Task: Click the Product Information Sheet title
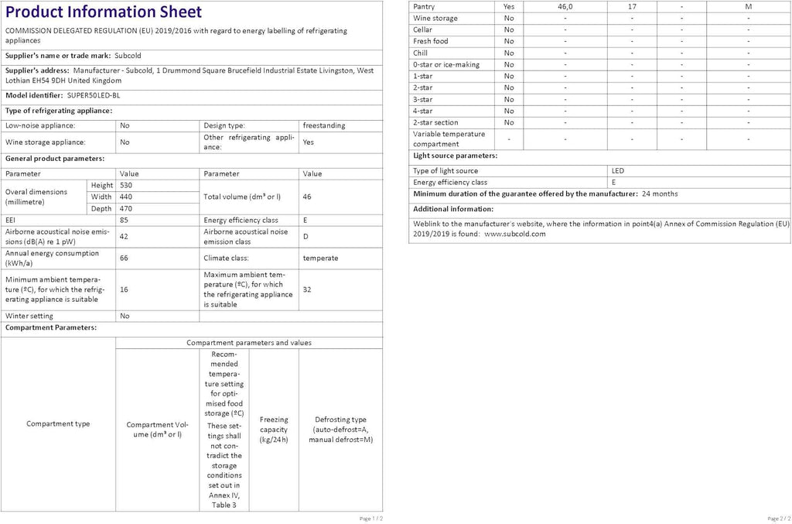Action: [x=104, y=12]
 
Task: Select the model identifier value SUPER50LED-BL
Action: [x=94, y=95]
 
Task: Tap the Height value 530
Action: [x=125, y=185]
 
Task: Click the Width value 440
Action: [x=125, y=197]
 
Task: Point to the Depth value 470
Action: [x=125, y=208]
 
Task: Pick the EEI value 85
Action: [x=124, y=220]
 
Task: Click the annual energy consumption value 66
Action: [x=124, y=258]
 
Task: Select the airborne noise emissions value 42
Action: [x=124, y=236]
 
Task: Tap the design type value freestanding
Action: [x=324, y=125]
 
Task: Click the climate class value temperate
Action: [x=320, y=258]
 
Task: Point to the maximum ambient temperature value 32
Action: [x=307, y=289]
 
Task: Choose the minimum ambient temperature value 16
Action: [x=124, y=289]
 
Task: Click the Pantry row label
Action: [x=424, y=6]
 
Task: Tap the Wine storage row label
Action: [x=435, y=18]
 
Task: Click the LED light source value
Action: [x=617, y=170]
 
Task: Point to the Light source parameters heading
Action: [x=455, y=156]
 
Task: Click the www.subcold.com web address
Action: [x=515, y=233]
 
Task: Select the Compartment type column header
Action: [x=58, y=423]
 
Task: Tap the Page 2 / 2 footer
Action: [x=779, y=518]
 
